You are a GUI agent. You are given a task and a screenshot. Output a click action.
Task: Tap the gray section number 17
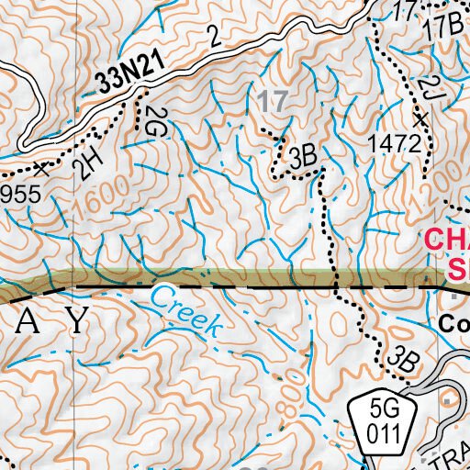[x=272, y=101]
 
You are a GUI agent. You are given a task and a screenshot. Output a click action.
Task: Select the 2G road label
[x=152, y=120]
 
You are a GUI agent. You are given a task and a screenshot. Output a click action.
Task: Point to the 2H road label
[x=88, y=163]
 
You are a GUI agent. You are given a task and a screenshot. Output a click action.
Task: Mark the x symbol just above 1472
[x=421, y=119]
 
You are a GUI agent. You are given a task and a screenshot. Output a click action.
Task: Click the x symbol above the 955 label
[x=41, y=168]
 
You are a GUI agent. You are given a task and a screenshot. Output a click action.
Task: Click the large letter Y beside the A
[x=80, y=320]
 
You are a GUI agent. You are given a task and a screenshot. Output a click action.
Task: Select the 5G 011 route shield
[x=381, y=423]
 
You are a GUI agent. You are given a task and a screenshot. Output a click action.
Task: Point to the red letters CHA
[x=447, y=241]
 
